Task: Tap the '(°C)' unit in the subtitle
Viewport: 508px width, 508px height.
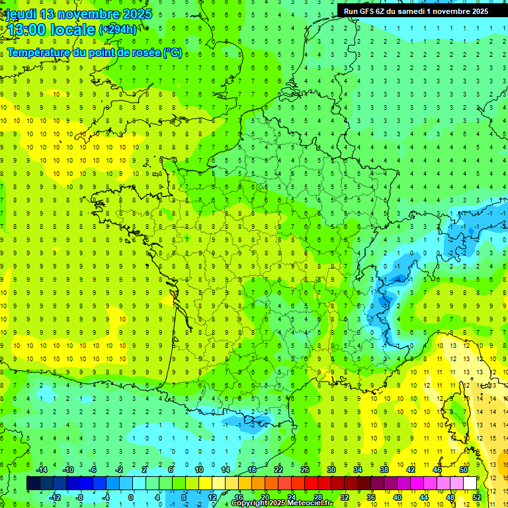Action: point(173,53)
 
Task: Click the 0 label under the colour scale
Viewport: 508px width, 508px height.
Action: point(131,497)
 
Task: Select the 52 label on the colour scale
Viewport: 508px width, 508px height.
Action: point(476,497)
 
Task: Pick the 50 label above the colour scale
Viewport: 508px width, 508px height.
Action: point(463,470)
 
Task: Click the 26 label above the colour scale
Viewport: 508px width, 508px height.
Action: point(305,470)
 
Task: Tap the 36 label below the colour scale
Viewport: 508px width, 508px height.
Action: point(371,497)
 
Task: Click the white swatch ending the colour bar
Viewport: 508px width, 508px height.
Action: point(470,483)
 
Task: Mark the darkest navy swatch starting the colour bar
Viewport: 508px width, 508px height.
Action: point(33,483)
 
